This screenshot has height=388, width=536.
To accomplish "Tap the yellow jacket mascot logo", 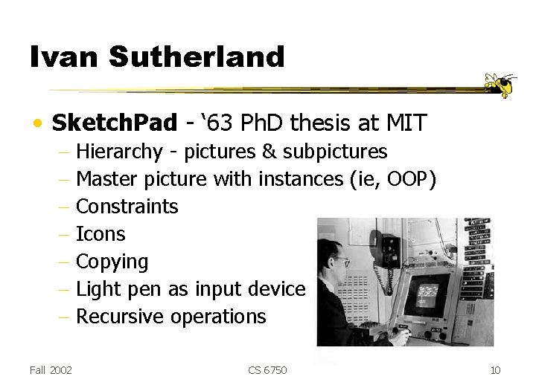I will coord(500,85).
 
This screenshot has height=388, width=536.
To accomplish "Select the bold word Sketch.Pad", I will coord(115,123).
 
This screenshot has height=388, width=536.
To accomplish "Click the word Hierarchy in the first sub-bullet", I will coord(119,152).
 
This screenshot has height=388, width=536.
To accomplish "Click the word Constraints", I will coord(127,207).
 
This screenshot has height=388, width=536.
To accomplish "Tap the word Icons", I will coord(100,234).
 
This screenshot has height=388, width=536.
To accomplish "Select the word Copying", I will coord(112,262).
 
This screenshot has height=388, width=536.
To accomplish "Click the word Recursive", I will coord(121,317).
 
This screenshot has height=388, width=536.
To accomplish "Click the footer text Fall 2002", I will coord(51,370).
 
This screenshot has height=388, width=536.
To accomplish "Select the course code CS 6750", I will coord(267,370).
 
